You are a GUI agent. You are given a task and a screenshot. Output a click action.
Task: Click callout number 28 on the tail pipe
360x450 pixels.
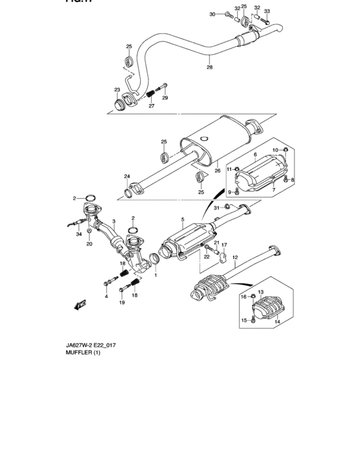(210, 66)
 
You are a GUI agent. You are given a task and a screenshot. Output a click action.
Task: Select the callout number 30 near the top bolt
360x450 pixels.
(213, 14)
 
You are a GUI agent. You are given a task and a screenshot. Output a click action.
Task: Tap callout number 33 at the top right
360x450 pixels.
(267, 12)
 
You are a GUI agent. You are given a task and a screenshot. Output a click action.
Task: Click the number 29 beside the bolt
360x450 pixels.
(165, 98)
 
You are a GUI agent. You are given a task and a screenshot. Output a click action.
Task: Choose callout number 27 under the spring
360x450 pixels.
(152, 106)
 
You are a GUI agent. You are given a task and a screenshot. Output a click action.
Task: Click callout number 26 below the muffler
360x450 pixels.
(218, 171)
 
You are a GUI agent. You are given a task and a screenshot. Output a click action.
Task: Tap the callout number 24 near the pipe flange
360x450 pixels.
(127, 177)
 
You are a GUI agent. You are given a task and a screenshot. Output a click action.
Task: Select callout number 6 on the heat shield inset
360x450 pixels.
(255, 156)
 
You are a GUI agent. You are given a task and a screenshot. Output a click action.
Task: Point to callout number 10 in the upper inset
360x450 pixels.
(276, 150)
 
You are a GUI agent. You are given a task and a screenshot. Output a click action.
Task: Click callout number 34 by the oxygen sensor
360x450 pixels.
(79, 235)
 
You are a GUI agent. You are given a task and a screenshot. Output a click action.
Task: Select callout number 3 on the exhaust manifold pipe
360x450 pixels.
(114, 221)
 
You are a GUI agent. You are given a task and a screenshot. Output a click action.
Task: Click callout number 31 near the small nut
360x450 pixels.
(217, 206)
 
